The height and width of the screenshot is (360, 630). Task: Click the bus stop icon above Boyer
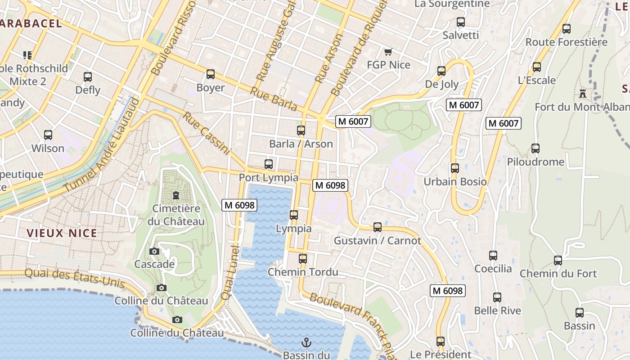(x=210, y=74)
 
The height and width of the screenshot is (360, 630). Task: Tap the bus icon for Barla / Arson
(x=301, y=130)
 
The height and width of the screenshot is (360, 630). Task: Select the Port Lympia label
(x=268, y=177)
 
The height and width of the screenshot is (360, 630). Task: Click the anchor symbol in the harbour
(x=306, y=342)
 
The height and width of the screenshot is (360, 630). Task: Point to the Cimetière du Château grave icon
(x=175, y=195)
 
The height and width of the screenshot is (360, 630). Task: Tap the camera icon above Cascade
(x=154, y=251)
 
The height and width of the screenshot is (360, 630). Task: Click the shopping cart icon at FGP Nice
(x=388, y=52)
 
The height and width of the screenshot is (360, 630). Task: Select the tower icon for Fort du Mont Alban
(x=583, y=94)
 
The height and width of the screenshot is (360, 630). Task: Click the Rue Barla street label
(x=274, y=99)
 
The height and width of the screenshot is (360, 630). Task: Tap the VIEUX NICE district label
(x=62, y=233)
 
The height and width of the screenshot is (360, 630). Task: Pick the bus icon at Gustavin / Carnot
(x=378, y=227)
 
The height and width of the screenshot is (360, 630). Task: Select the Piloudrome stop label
(x=535, y=162)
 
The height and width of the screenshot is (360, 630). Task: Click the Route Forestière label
(x=566, y=42)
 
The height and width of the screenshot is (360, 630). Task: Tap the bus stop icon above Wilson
(x=48, y=135)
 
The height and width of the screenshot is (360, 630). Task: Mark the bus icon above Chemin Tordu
(x=303, y=259)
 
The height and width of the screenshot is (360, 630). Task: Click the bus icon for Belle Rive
(x=497, y=297)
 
